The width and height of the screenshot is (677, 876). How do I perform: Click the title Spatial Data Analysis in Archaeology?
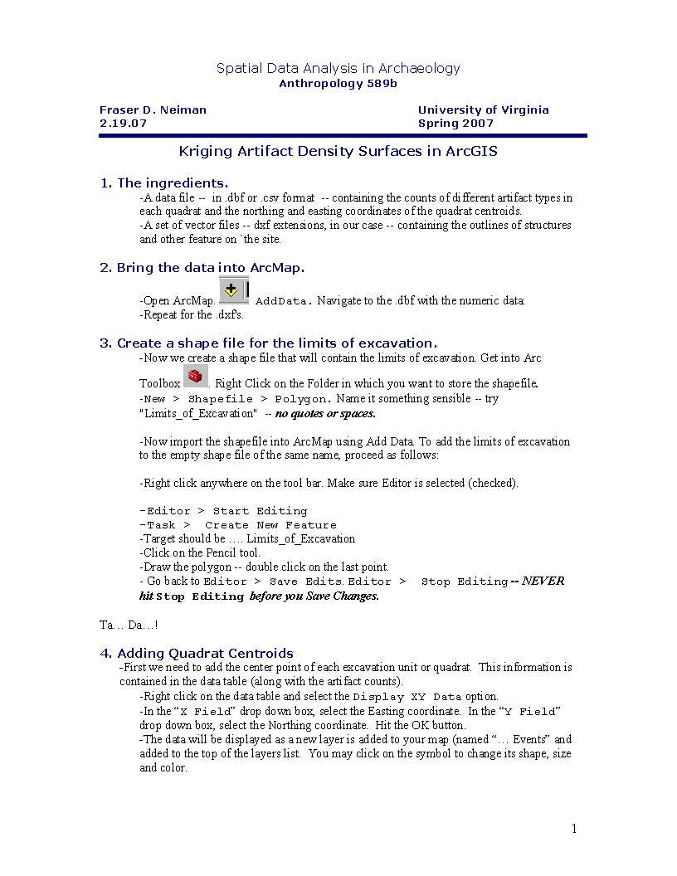pos(338,68)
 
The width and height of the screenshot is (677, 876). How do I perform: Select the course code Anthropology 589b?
pos(338,84)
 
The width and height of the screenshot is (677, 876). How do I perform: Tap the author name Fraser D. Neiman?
pos(153,109)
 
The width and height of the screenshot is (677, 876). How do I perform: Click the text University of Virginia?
pos(483,109)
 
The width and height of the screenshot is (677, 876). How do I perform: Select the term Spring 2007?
pos(455,123)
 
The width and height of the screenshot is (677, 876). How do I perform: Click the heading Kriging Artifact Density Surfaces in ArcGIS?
pos(338,151)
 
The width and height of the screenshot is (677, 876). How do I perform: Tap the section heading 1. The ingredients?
pos(164,182)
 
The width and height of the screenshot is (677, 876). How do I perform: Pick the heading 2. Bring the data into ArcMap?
pos(202,267)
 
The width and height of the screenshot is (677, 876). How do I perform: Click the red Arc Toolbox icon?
pos(195,377)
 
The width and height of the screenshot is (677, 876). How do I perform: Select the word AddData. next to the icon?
pos(284,301)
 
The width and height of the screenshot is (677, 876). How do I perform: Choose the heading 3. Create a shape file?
pos(268,343)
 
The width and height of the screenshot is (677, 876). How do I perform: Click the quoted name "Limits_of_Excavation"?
pos(197,413)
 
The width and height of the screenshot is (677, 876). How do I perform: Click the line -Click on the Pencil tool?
pos(200,552)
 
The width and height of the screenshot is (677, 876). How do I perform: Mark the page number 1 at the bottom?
pos(573,829)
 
